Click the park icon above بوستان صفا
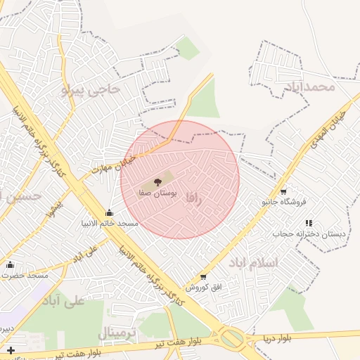click(x=157, y=182)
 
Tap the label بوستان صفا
click(x=157, y=192)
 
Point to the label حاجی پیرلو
click(x=91, y=89)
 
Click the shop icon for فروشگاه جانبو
click(x=283, y=191)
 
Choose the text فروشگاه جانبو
click(x=283, y=202)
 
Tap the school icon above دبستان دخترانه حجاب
click(x=309, y=223)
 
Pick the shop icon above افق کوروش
click(x=203, y=277)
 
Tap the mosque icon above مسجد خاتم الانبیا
click(x=109, y=213)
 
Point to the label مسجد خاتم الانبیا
click(x=109, y=224)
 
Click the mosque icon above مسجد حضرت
click(x=10, y=265)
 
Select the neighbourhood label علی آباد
click(x=63, y=300)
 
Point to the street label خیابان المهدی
click(x=330, y=126)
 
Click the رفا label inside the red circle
click(x=194, y=199)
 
